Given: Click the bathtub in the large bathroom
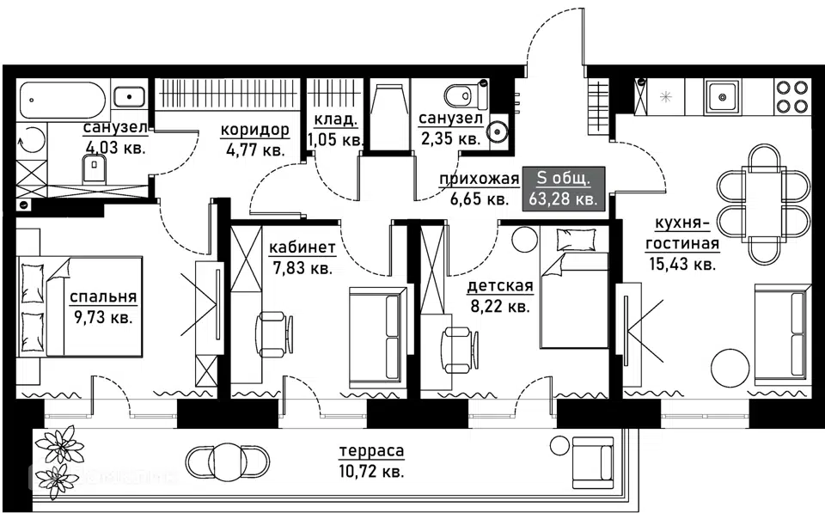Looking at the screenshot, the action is pyautogui.click(x=62, y=99).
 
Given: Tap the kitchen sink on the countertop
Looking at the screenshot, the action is pyautogui.click(x=723, y=96).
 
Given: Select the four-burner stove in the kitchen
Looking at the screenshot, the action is pyautogui.click(x=791, y=96).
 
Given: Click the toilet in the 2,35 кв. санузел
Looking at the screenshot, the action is pyautogui.click(x=463, y=95).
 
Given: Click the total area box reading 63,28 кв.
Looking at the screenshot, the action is pyautogui.click(x=564, y=189).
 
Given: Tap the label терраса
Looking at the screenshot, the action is pyautogui.click(x=372, y=451).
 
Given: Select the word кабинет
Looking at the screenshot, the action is pyautogui.click(x=302, y=247).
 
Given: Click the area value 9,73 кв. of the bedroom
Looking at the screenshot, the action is pyautogui.click(x=101, y=318).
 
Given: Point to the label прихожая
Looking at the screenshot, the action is pyautogui.click(x=480, y=180).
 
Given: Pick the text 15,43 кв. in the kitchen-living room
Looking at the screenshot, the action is pyautogui.click(x=682, y=264).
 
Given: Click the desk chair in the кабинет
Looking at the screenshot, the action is pyautogui.click(x=273, y=334).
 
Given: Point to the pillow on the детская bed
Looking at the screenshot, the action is pyautogui.click(x=576, y=240).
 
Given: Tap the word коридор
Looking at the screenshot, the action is pyautogui.click(x=254, y=129).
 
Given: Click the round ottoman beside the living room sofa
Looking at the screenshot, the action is pyautogui.click(x=730, y=368).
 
